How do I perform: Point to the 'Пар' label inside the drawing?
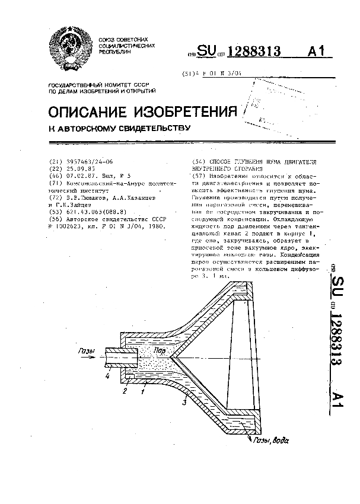(158, 351)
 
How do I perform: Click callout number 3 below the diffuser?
(184, 403)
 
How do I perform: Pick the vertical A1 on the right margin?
(337, 401)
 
